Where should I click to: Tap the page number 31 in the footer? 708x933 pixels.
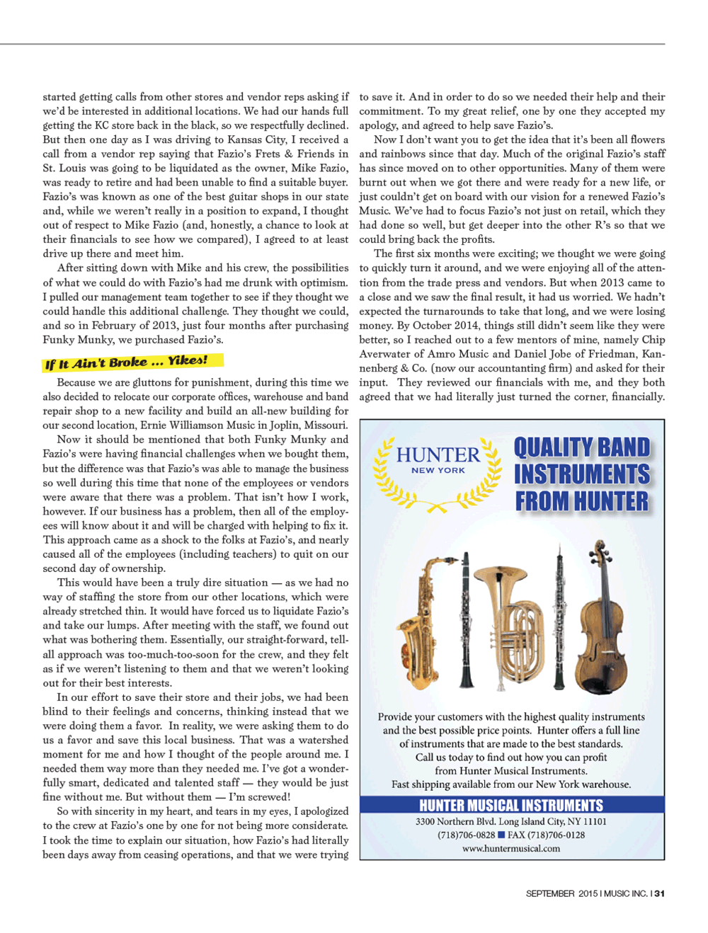point(659,893)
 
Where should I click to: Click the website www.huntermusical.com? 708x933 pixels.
point(511,848)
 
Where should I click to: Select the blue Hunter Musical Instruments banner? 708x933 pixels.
point(511,805)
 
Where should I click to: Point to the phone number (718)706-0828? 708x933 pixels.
point(466,835)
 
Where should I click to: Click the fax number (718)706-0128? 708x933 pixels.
point(546,835)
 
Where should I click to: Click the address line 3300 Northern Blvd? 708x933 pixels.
point(511,821)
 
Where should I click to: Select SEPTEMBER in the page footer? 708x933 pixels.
point(550,893)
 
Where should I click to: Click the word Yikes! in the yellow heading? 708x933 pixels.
point(188,360)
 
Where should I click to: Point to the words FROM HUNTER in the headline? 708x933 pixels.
point(581,501)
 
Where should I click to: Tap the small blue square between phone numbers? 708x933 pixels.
point(501,835)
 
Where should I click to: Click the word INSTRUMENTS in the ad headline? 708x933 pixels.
point(581,474)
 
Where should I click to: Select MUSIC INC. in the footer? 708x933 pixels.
point(626,893)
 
